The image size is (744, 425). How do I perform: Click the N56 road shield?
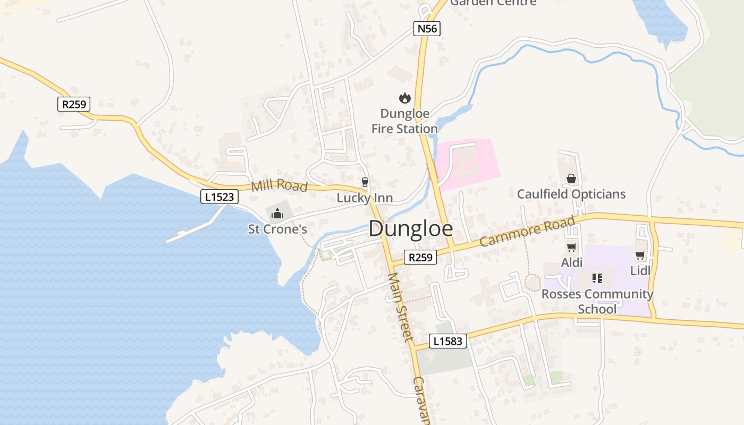point(427,29)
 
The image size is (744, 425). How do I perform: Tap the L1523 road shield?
point(219,197)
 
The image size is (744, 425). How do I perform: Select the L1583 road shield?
point(447,341)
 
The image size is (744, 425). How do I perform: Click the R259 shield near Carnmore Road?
point(420,258)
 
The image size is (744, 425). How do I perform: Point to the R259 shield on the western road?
point(74,104)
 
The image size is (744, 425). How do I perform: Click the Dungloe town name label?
point(411,229)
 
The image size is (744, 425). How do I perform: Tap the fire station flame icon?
point(404,98)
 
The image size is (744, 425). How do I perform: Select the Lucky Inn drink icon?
point(365,182)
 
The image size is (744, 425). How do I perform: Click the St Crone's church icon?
point(277,214)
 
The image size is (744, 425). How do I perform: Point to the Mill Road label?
point(279,186)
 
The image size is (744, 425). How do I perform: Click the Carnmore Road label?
point(527,232)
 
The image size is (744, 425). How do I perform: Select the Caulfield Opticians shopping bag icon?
point(571,178)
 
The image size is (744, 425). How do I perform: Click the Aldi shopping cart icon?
point(572,247)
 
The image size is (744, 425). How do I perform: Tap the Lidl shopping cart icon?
point(640,256)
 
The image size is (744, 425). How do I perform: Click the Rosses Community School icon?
point(597,278)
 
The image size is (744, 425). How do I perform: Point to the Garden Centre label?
point(493,3)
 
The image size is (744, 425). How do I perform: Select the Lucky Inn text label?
point(365,198)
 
